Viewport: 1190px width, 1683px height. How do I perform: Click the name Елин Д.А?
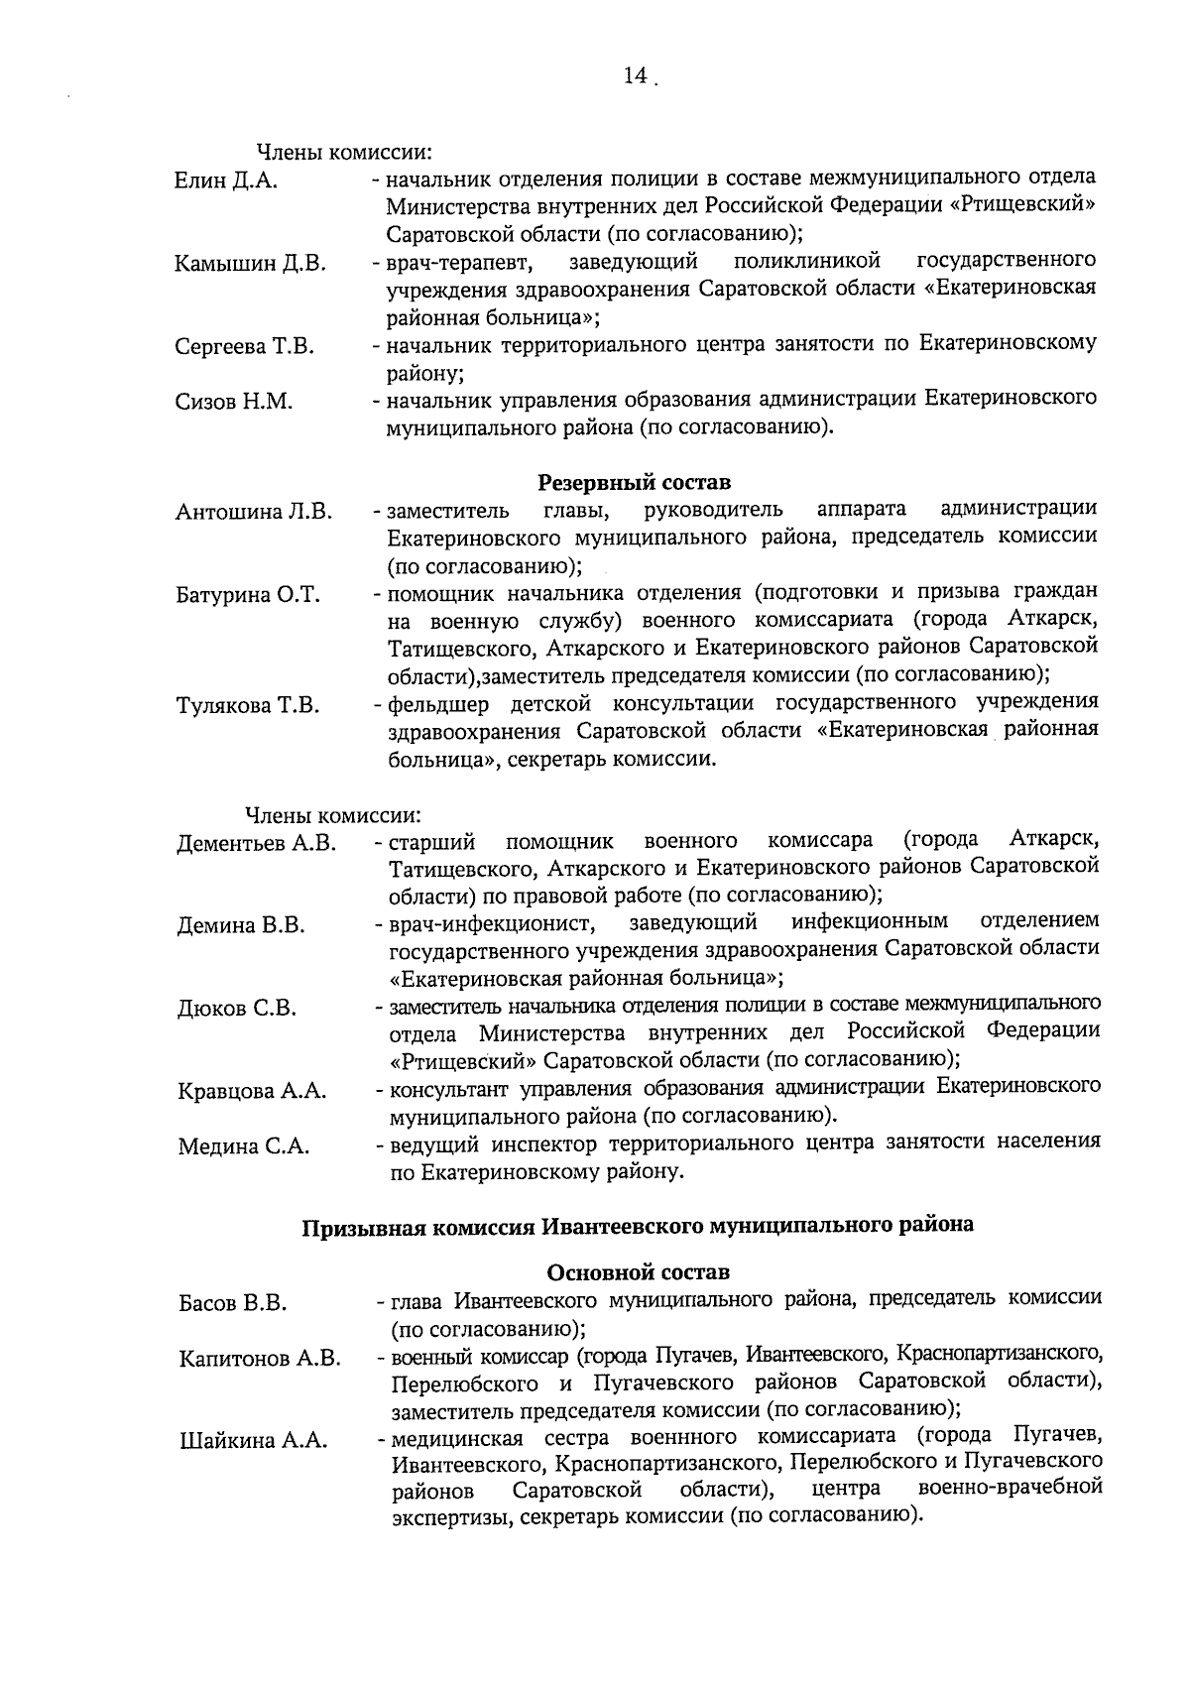[226, 181]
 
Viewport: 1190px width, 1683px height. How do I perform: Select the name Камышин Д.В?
[251, 265]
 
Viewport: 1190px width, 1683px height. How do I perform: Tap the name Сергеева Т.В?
[245, 347]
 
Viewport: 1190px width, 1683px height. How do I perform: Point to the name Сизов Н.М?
[234, 403]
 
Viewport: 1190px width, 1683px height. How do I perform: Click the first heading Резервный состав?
[634, 483]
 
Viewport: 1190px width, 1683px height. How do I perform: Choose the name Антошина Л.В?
[254, 513]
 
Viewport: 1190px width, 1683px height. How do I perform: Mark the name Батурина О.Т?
[248, 596]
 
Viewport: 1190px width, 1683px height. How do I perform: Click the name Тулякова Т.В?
[248, 706]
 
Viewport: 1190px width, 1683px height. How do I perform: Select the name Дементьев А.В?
[257, 844]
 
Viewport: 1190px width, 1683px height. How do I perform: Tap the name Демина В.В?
[241, 926]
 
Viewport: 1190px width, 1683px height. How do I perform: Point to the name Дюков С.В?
[237, 1009]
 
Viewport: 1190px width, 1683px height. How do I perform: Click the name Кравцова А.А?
[252, 1092]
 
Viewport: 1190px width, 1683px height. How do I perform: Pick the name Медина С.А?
[244, 1147]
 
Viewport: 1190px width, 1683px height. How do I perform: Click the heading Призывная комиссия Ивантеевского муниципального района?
[638, 1226]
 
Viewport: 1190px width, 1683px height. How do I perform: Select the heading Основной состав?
[638, 1272]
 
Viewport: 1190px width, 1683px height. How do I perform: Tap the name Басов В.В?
[233, 1303]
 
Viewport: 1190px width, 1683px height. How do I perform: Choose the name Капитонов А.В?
[260, 1359]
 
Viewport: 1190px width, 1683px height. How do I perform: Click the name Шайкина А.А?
[253, 1442]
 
